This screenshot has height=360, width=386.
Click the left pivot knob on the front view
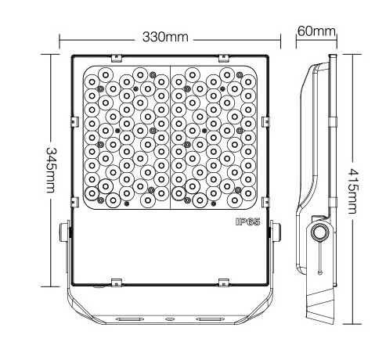pos(66,233)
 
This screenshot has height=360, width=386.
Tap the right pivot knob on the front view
pos(276,233)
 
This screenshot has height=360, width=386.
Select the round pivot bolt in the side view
pos(319,233)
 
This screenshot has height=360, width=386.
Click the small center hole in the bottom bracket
pos(170,319)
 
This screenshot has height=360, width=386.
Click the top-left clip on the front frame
pos(115,57)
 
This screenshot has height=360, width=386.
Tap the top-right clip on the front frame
pos(225,57)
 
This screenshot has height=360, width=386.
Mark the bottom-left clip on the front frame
pos(115,281)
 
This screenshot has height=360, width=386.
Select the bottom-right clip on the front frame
pos(225,281)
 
